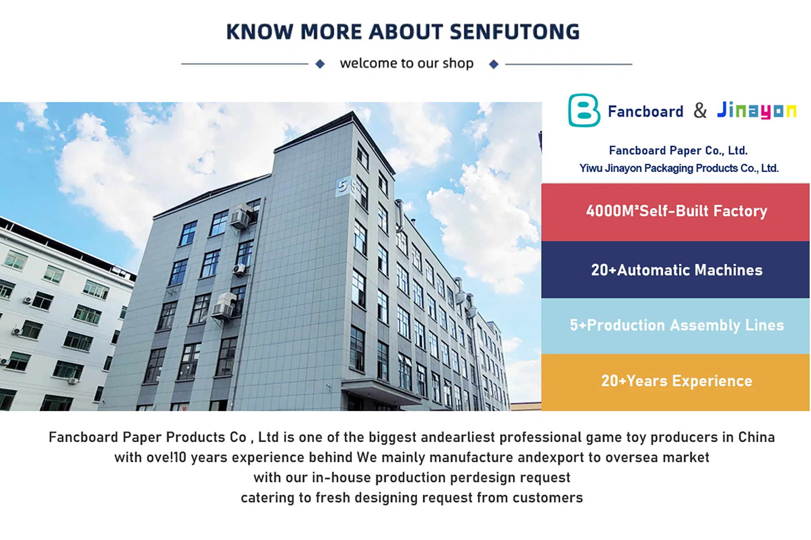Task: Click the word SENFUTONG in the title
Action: coord(514,32)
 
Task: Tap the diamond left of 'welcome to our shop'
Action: coord(320,64)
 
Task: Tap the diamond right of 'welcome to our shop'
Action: coord(494,64)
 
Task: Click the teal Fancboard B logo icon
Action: coord(584,110)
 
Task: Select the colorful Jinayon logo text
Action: coord(757,111)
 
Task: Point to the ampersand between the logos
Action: coord(700,111)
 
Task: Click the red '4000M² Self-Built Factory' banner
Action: coord(675,212)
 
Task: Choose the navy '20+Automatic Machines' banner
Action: coord(675,270)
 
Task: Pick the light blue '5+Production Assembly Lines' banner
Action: coord(675,326)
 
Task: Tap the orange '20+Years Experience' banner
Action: coord(675,382)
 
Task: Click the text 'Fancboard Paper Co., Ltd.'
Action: coord(678,151)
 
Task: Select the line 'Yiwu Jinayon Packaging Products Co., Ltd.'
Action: coord(679,168)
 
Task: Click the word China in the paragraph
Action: coord(756,437)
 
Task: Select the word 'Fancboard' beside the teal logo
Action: coord(645,111)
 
